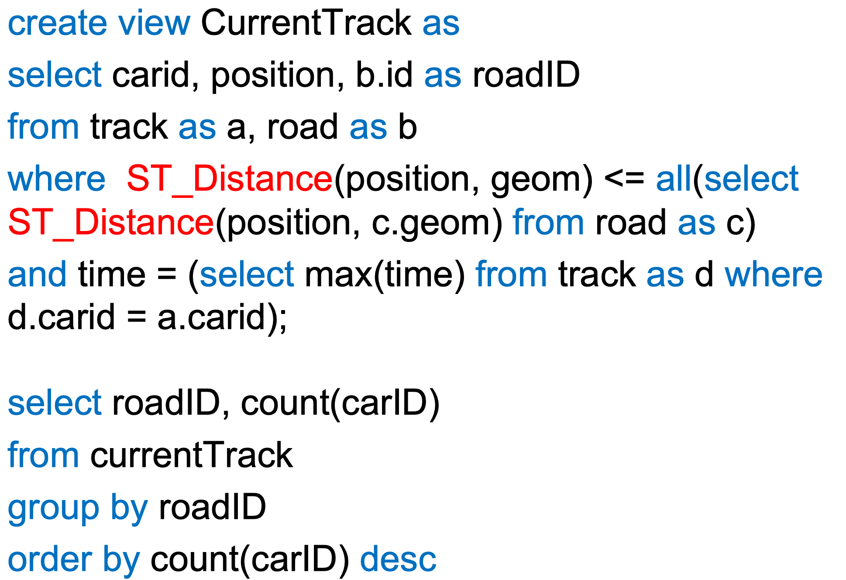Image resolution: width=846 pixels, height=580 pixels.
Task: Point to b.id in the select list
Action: [384, 75]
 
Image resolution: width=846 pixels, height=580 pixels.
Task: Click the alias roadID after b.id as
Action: [526, 75]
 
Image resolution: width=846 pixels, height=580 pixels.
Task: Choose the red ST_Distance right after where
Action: [230, 179]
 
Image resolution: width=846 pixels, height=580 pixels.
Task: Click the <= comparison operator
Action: [624, 179]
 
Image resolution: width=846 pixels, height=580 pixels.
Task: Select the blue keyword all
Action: [674, 179]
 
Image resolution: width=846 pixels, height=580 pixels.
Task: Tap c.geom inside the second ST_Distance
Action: [432, 222]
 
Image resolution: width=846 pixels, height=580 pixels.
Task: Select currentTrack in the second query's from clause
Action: [191, 455]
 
